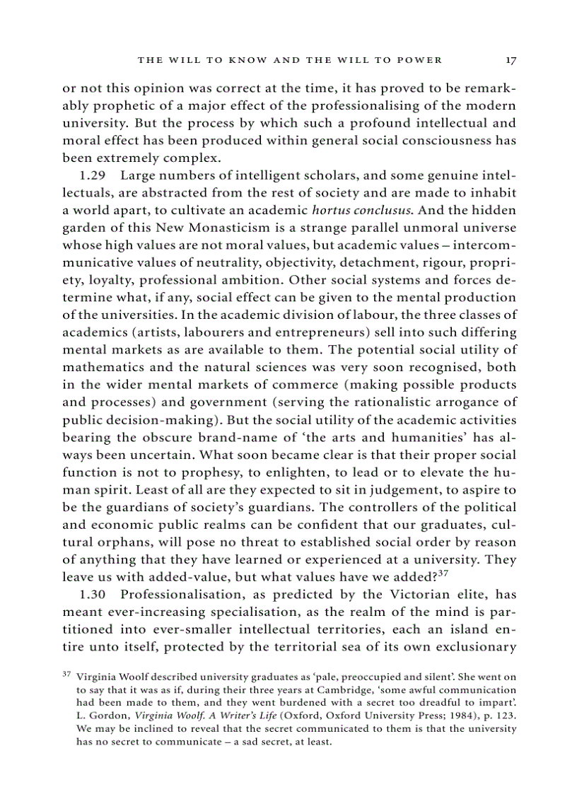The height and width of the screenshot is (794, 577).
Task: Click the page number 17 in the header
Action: pos(511,60)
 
